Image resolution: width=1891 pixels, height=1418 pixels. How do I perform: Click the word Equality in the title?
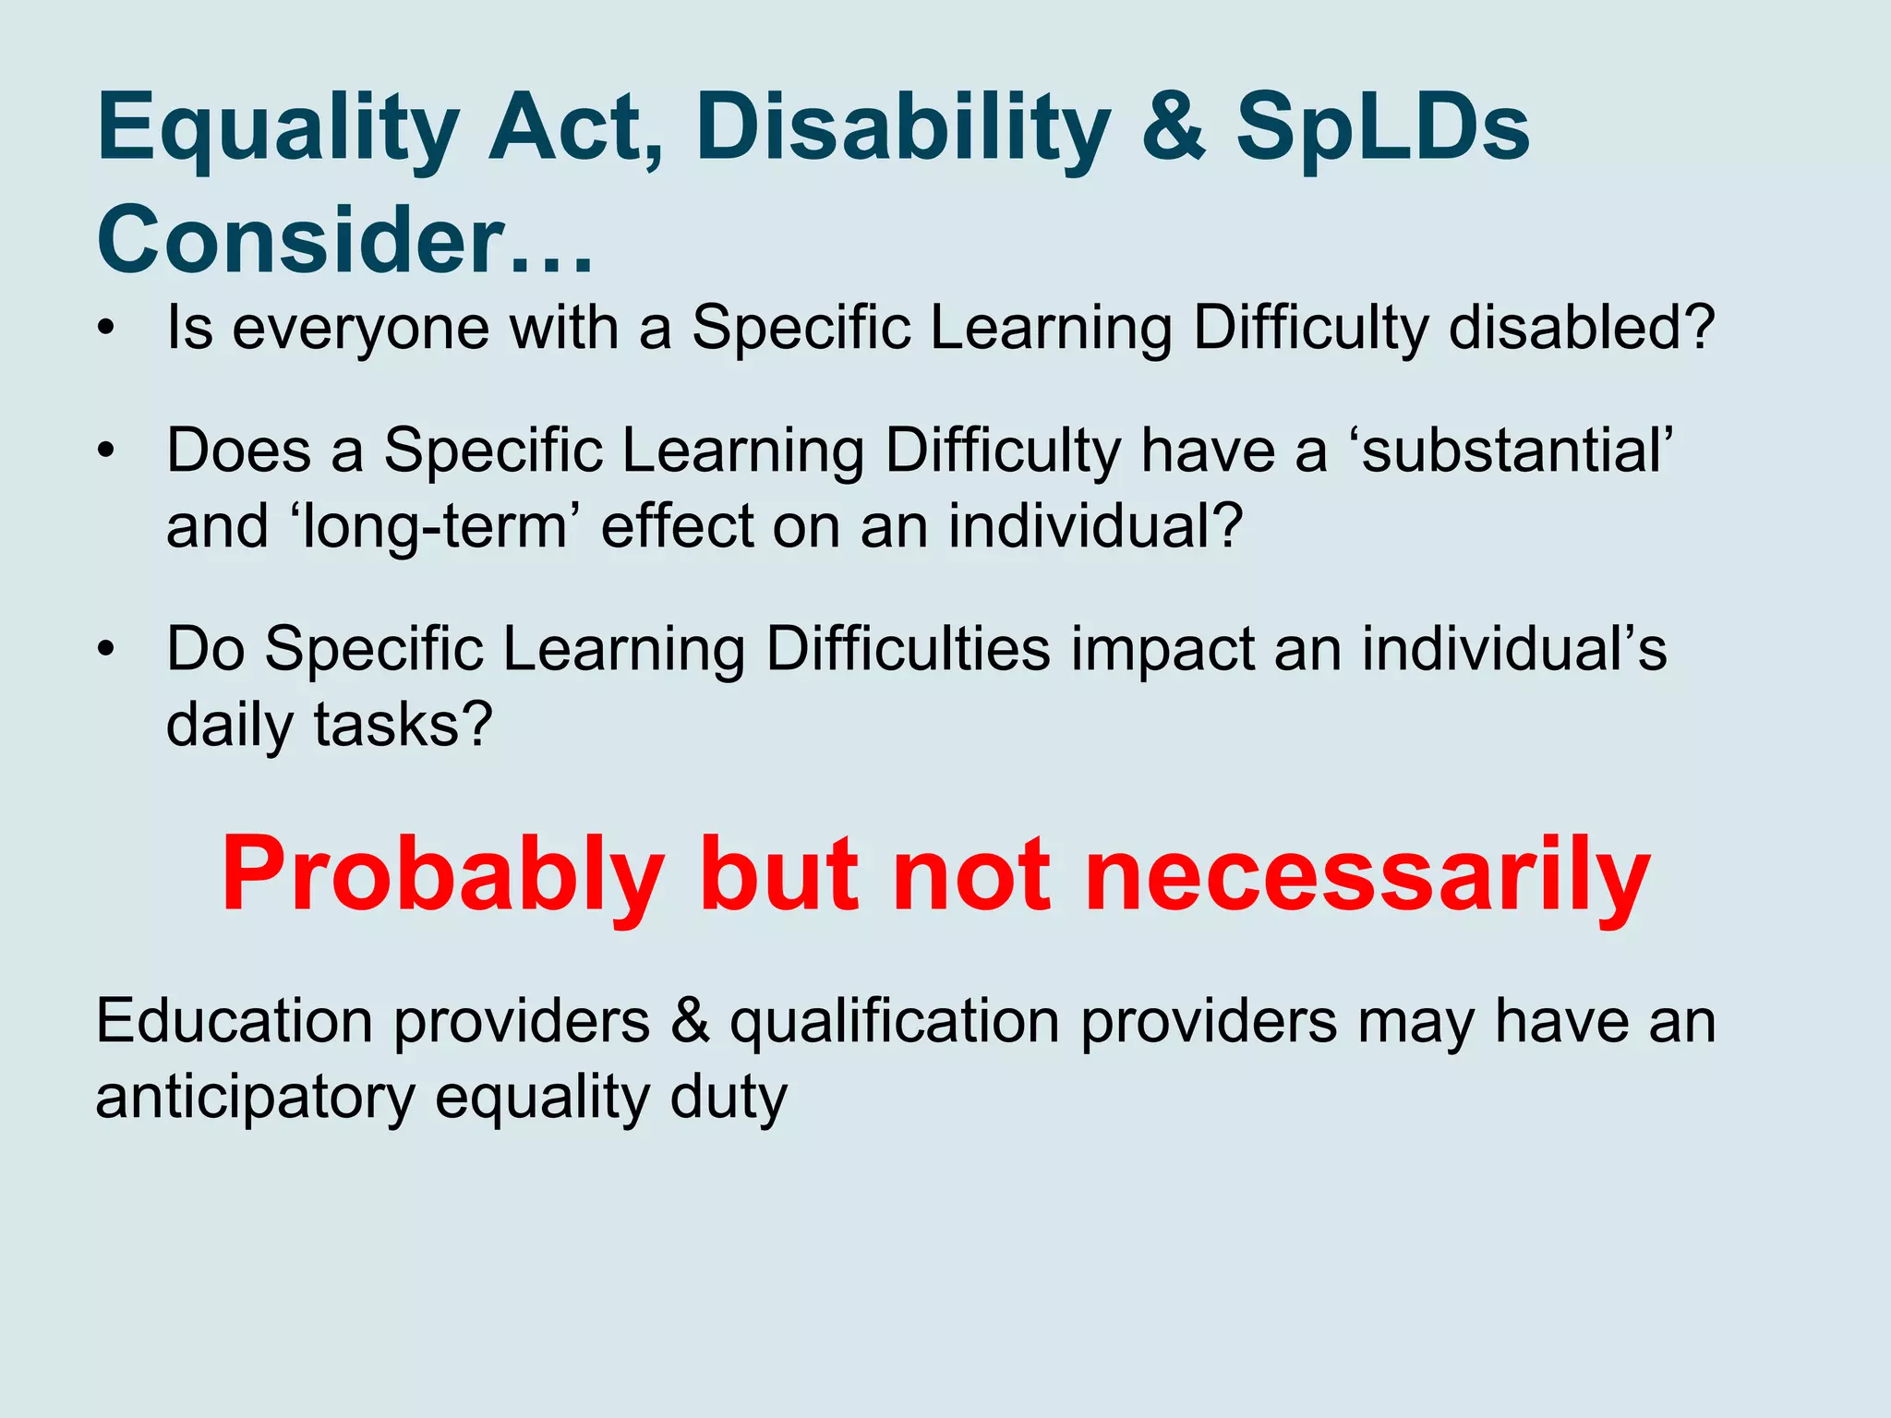click(278, 129)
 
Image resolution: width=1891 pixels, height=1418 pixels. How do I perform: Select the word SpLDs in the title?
click(1382, 129)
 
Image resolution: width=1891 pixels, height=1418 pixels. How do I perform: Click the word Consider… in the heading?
click(344, 240)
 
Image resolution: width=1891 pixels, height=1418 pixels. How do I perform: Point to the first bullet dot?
click(108, 329)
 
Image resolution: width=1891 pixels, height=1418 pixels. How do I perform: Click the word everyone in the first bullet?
click(360, 329)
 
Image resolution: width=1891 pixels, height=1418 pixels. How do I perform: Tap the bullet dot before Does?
click(108, 451)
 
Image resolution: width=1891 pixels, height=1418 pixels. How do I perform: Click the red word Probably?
click(442, 875)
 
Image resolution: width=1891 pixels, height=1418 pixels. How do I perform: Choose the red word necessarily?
click(1367, 875)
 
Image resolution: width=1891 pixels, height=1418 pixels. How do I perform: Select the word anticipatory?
click(255, 1099)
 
